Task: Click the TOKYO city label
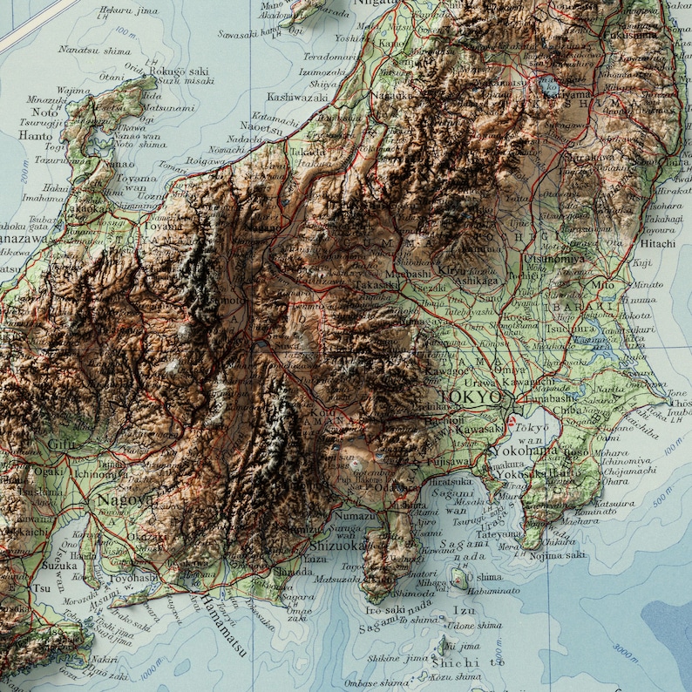(471, 397)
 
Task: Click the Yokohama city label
(524, 451)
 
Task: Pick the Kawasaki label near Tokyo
(480, 429)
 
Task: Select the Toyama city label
(164, 226)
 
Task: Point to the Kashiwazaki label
(298, 97)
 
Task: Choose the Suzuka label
(34, 565)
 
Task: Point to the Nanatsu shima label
(94, 51)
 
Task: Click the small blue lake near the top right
(550, 86)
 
